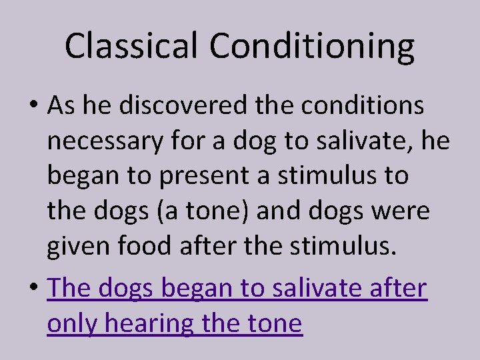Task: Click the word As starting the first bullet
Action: click(x=61, y=105)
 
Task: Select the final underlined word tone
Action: click(x=274, y=325)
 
